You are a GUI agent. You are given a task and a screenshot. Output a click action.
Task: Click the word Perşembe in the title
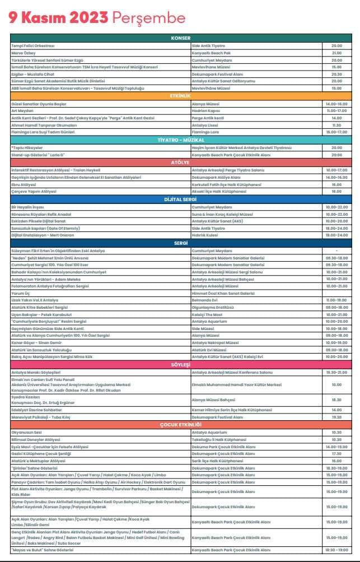tap(149, 18)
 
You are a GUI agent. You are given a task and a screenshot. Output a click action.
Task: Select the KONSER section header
tap(181, 38)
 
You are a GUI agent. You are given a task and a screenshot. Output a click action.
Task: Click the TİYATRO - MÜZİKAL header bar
tap(181, 140)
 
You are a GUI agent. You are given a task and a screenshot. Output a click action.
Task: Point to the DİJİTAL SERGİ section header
tap(181, 198)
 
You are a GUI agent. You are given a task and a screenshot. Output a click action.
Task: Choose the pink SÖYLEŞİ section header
tap(181, 364)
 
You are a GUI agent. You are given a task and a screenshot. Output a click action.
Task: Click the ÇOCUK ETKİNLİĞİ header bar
tap(181, 424)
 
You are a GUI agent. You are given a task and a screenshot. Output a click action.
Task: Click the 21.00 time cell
tap(336, 52)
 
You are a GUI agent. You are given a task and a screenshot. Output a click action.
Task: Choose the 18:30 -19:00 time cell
tap(336, 550)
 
